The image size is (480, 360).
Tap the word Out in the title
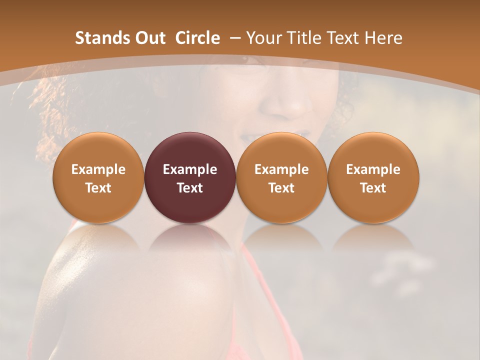pyautogui.click(x=148, y=38)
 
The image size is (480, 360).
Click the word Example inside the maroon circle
pyautogui.click(x=190, y=169)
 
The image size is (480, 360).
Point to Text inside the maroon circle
pyautogui.click(x=190, y=188)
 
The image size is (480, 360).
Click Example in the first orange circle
pyautogui.click(x=98, y=169)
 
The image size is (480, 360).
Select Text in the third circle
pyautogui.click(x=281, y=188)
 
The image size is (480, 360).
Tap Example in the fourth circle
pyautogui.click(x=373, y=169)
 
